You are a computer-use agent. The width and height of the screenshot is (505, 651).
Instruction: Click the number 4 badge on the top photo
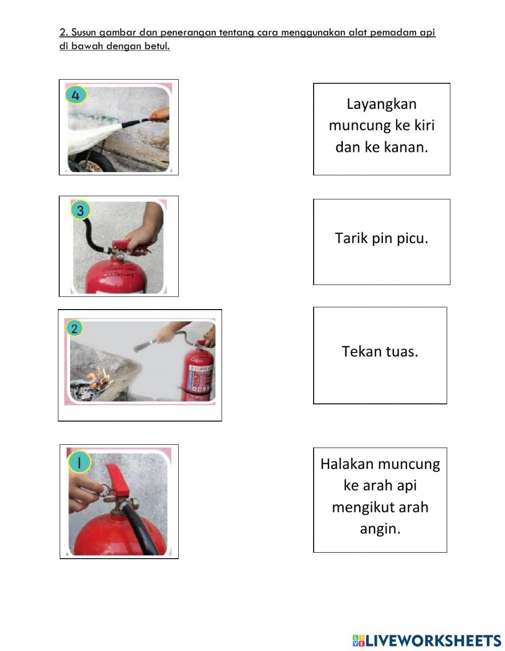[75, 95]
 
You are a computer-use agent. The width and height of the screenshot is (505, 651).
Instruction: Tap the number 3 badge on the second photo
[80, 210]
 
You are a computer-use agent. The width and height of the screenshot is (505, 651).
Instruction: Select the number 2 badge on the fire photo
[74, 329]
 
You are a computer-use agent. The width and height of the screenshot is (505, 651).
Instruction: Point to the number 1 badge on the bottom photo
[79, 462]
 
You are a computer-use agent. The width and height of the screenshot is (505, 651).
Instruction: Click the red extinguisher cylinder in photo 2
[198, 373]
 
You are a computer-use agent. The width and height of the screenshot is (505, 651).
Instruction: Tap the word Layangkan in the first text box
[381, 104]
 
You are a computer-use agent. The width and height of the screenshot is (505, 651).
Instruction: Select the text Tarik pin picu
[381, 238]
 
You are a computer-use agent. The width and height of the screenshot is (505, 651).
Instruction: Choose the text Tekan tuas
[380, 351]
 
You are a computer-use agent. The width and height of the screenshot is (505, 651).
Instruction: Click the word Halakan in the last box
[347, 464]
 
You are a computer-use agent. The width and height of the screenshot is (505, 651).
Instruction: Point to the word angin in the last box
[380, 528]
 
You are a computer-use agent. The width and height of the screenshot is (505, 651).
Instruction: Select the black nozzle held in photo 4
[135, 121]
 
